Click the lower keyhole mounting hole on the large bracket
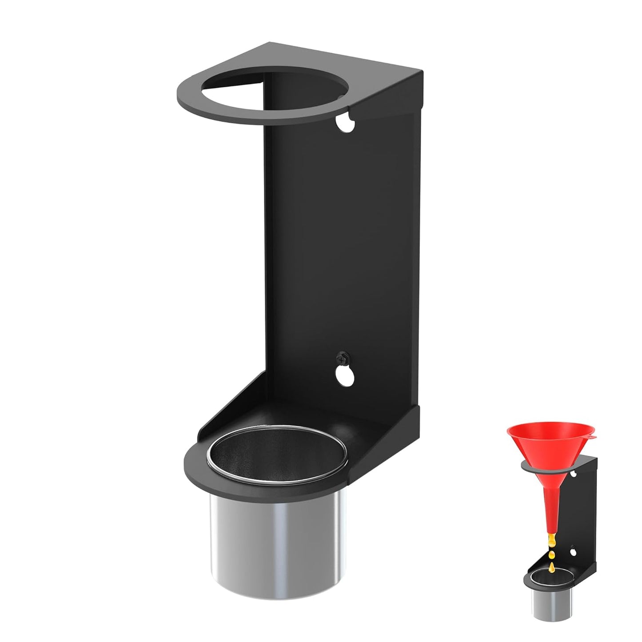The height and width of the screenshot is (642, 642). click(345, 375)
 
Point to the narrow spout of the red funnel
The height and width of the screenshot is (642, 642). click(552, 506)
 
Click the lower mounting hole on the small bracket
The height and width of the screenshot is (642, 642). click(573, 552)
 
